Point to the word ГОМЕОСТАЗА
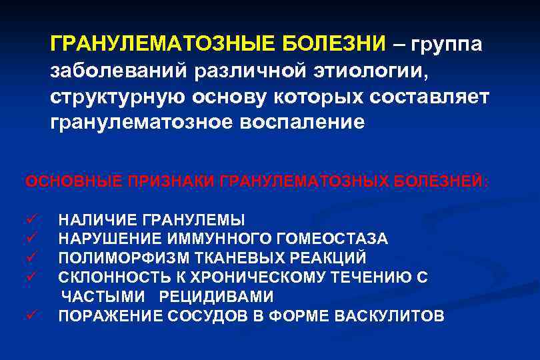pos(327,238)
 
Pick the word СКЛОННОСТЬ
pos(103,277)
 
